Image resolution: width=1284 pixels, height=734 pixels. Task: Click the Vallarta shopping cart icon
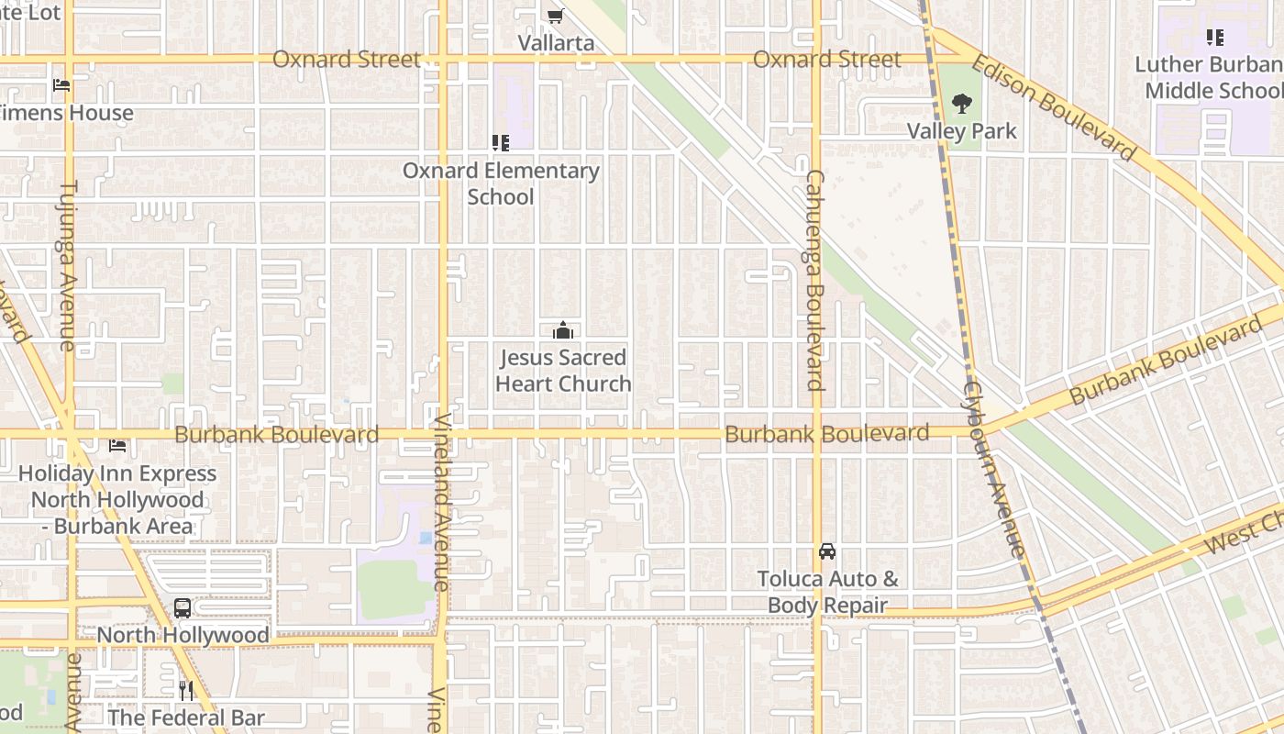[x=555, y=16]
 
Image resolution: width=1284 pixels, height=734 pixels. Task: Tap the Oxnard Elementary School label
[x=501, y=183]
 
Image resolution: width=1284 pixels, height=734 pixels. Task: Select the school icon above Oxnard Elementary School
[x=501, y=142]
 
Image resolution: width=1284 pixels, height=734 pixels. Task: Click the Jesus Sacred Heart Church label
[x=563, y=371]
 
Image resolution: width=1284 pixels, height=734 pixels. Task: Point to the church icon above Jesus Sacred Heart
[x=563, y=331]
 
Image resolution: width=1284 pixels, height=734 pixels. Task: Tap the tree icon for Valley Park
[x=961, y=104]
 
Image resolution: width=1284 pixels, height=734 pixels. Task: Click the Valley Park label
[x=961, y=131]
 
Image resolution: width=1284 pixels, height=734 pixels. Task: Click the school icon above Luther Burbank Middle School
[x=1215, y=38]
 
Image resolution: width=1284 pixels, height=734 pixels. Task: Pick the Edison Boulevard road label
[x=1053, y=106]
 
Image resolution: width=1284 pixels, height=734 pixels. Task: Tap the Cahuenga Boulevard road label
[x=814, y=280]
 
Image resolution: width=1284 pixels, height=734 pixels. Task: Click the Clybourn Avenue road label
[x=991, y=468]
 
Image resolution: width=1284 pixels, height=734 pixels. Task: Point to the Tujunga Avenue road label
[x=69, y=266]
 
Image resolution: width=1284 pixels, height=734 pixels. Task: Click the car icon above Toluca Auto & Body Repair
[x=827, y=551]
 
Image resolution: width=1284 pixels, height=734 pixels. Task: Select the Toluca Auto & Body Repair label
[x=827, y=592]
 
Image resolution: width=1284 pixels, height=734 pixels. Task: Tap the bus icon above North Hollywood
[x=183, y=607]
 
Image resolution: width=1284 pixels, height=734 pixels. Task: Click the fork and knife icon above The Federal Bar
[x=186, y=690]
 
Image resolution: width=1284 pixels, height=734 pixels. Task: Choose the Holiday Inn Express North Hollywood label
[x=117, y=500]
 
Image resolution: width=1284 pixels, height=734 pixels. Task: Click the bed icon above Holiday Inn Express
[x=117, y=446]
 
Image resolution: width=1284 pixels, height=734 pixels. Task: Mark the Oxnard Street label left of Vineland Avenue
[x=347, y=60]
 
